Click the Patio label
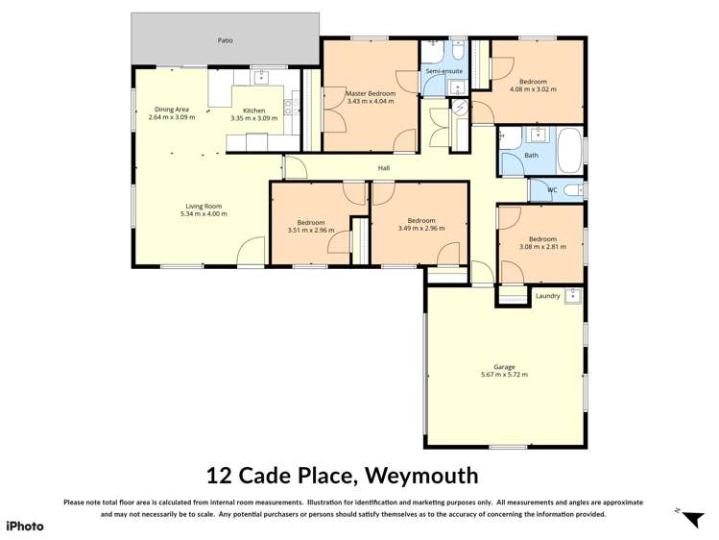225,40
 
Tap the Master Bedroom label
371,93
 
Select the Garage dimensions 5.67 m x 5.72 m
504,375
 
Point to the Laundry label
547,296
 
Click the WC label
552,190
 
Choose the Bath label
531,156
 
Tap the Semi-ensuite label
443,71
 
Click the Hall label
384,168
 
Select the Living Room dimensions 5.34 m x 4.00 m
204,214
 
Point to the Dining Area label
172,110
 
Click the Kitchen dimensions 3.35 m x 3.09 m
253,118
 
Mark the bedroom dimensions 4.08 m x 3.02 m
533,89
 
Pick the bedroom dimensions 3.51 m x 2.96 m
310,231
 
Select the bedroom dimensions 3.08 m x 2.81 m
541,247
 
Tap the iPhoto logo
25,526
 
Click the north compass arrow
691,519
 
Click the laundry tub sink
573,294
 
